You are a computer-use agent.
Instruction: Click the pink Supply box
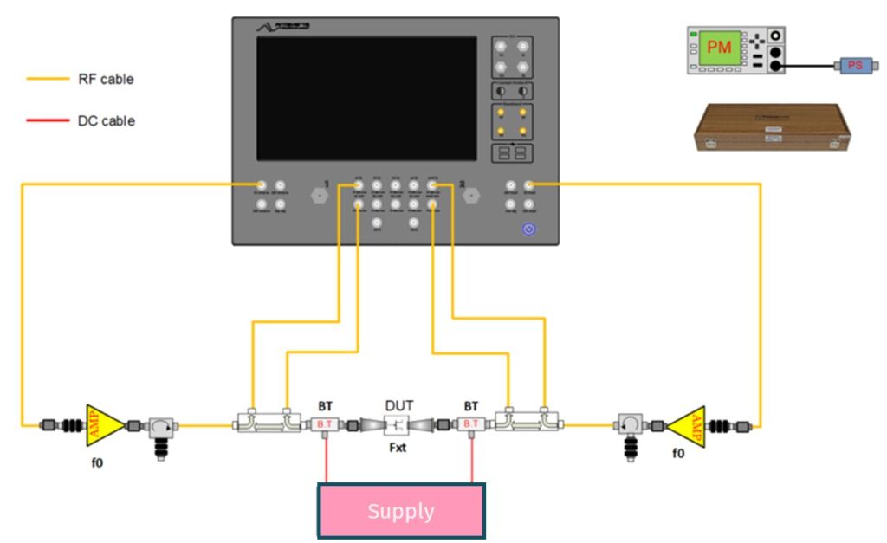(x=400, y=511)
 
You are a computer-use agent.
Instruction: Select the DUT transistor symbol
(x=398, y=425)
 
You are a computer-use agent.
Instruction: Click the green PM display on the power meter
(x=720, y=48)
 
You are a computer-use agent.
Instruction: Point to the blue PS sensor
(x=854, y=65)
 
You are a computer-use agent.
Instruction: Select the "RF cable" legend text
(x=106, y=79)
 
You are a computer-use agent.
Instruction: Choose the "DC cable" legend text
(x=106, y=121)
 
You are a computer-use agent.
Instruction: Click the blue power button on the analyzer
(x=529, y=229)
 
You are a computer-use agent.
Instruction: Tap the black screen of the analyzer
(x=366, y=98)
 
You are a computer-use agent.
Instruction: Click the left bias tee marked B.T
(x=324, y=424)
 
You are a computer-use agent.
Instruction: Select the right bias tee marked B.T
(x=472, y=424)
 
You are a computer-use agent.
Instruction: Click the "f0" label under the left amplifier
(x=97, y=462)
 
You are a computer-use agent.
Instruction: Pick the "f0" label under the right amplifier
(x=678, y=452)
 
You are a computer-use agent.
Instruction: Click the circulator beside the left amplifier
(x=160, y=426)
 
